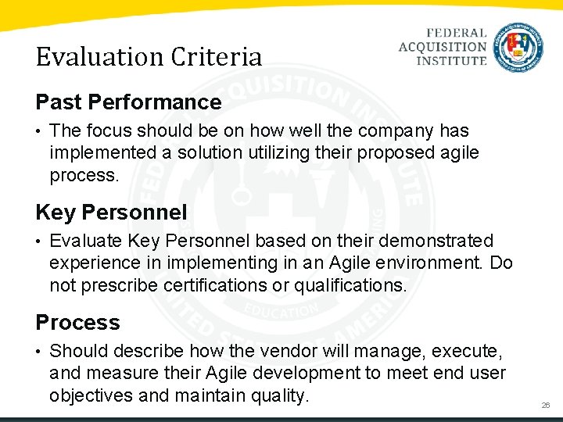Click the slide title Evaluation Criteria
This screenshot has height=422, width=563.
(149, 57)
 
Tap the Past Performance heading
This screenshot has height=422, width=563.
(128, 102)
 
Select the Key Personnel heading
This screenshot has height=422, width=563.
(111, 212)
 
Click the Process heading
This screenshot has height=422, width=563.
(77, 323)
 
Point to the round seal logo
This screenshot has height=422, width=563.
(518, 46)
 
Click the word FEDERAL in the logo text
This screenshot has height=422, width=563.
(457, 34)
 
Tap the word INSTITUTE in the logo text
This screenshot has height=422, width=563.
(452, 60)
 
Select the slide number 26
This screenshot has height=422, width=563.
(546, 406)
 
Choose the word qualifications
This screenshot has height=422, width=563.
(350, 285)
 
